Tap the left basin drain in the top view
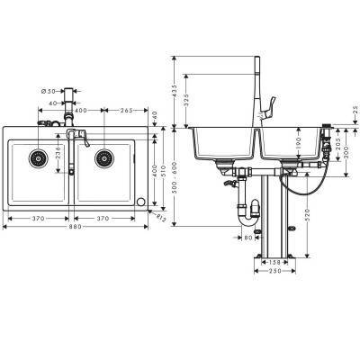point(39,159)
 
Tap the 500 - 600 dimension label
point(174,176)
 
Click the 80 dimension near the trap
point(248,238)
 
